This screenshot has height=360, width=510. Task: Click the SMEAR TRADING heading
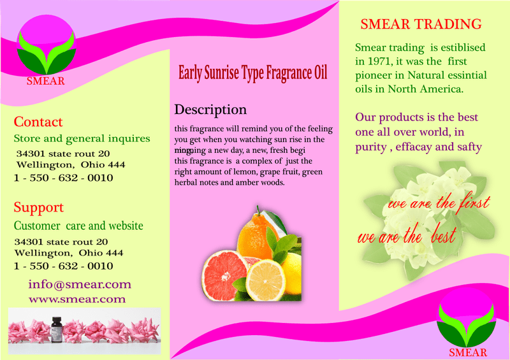pyautogui.click(x=421, y=25)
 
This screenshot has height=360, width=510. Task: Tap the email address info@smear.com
pyautogui.click(x=80, y=284)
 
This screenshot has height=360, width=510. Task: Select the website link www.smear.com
pyautogui.click(x=77, y=299)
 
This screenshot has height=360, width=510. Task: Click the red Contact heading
pyautogui.click(x=38, y=122)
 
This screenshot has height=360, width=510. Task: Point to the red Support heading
pyautogui.click(x=39, y=207)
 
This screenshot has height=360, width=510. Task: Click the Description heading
pyautogui.click(x=210, y=109)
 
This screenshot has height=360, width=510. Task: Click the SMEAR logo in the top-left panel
pyautogui.click(x=45, y=51)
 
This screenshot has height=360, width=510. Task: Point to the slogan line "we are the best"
pyautogui.click(x=406, y=238)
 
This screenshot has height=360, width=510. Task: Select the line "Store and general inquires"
pyautogui.click(x=82, y=138)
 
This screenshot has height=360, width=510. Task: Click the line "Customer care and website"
pyautogui.click(x=78, y=226)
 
